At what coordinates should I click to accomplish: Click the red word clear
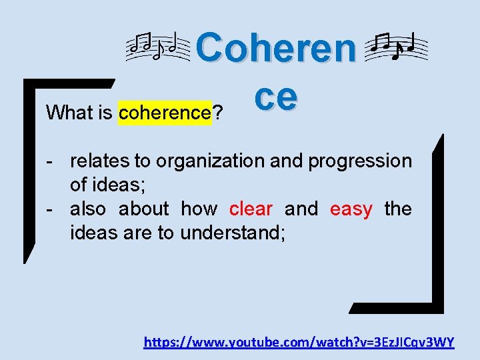click(x=251, y=209)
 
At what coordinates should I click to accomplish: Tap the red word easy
click(x=351, y=209)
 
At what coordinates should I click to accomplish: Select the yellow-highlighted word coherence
click(x=165, y=113)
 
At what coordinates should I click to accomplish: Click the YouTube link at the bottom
click(x=299, y=343)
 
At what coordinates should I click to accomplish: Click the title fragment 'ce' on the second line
click(x=275, y=97)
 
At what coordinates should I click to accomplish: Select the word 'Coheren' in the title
click(x=277, y=48)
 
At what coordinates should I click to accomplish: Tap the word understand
click(x=233, y=234)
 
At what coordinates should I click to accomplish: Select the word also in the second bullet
click(x=88, y=209)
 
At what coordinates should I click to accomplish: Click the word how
click(x=199, y=209)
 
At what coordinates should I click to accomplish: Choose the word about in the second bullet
click(x=144, y=209)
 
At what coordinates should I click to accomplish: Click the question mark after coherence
click(x=217, y=113)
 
